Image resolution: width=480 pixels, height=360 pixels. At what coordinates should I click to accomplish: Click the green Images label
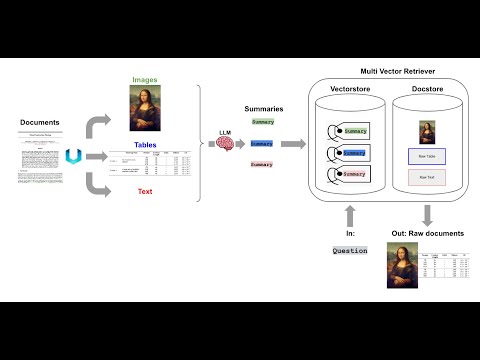[x=145, y=79]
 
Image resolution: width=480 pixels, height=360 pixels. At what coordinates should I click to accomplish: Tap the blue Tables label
[x=145, y=146]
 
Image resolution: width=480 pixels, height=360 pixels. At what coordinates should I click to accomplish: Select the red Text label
[x=145, y=192]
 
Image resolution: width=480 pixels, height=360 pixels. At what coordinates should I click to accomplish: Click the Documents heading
[x=40, y=122]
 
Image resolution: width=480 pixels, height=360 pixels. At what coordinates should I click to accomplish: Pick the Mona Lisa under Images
[x=145, y=109]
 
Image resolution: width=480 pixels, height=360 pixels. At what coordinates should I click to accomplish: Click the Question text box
[x=350, y=251]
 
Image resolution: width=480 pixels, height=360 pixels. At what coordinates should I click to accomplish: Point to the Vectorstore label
[x=352, y=90]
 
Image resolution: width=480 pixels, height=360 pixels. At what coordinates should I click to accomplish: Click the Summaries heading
[x=262, y=107]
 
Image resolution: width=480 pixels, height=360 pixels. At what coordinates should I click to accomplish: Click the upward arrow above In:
[x=350, y=213]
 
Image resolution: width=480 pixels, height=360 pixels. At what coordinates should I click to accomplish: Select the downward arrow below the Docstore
[x=428, y=214]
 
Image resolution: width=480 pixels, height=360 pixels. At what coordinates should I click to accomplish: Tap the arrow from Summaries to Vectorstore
[x=293, y=143]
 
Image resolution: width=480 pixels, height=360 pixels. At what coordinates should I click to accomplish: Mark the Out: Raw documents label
[x=428, y=233]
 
